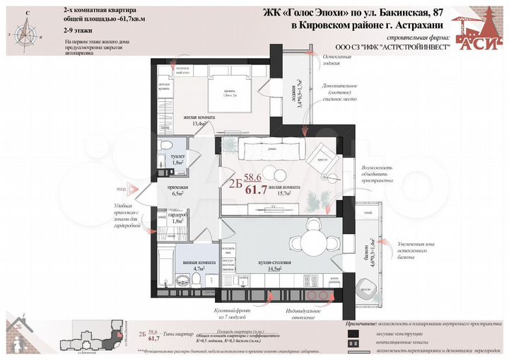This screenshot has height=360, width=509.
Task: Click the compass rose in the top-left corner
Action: [27, 30]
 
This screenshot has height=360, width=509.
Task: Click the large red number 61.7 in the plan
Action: [255, 190]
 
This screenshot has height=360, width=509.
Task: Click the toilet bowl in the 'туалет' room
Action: [167, 145]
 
